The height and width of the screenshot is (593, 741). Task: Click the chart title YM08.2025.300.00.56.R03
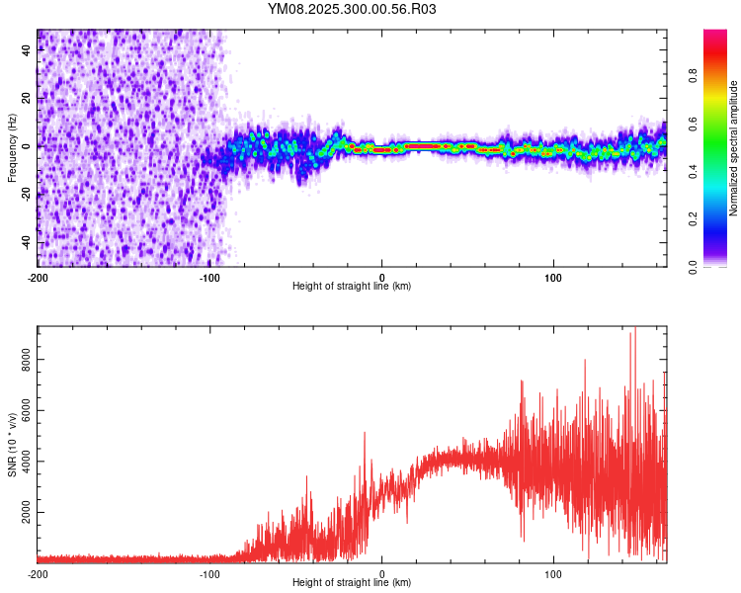353,9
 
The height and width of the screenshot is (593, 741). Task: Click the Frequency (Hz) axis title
12,148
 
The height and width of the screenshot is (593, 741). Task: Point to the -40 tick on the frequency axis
26,242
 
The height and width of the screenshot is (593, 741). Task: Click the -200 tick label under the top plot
38,278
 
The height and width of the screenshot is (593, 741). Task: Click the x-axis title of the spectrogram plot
352,287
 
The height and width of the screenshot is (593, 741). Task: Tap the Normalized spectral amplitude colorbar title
734,148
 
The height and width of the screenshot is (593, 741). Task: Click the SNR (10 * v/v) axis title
12,444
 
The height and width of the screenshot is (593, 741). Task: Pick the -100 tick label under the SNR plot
209,574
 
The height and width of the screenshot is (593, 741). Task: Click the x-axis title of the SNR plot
352,583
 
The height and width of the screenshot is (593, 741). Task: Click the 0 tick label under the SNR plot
382,574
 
